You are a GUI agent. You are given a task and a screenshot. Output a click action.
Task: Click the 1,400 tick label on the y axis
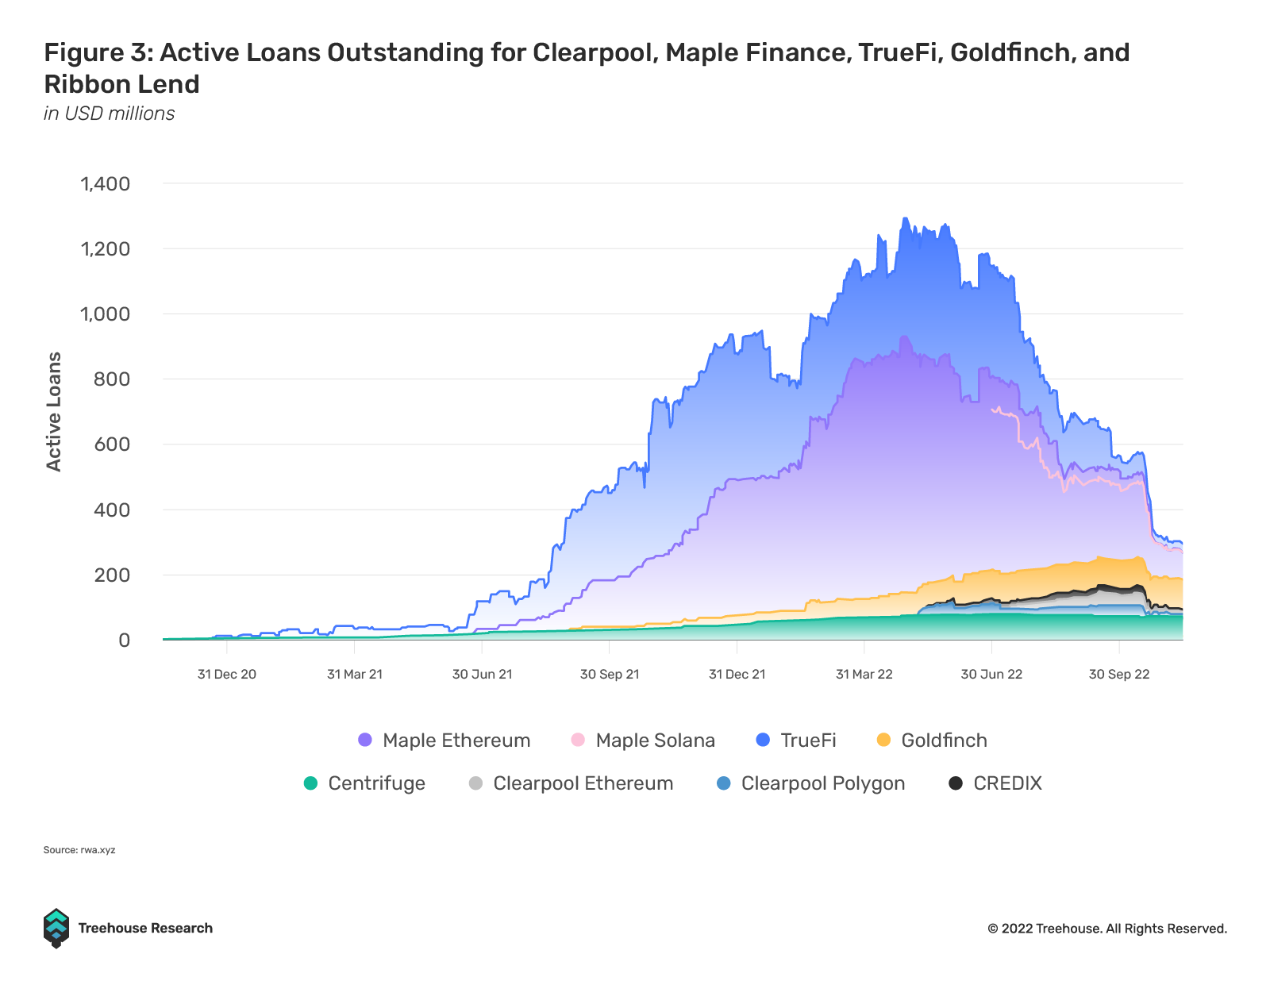[x=105, y=184]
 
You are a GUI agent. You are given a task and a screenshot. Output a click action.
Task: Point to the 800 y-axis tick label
[x=111, y=379]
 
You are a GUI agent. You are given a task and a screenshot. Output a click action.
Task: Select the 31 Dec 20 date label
[x=227, y=675]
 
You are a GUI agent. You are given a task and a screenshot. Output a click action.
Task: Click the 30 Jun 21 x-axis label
[x=482, y=675]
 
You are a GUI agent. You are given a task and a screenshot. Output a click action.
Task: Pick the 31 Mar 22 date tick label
[x=864, y=675]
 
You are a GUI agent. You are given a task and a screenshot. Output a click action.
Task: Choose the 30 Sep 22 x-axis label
[x=1119, y=675]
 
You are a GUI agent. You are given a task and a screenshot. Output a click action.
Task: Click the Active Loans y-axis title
[x=54, y=411]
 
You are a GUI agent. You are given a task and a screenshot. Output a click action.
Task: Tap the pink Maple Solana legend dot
[x=578, y=740]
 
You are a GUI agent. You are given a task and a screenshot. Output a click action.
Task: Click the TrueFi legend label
[x=808, y=741]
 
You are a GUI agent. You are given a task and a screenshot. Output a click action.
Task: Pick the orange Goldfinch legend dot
[x=883, y=740]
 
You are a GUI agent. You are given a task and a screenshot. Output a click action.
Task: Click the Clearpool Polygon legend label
[x=822, y=783]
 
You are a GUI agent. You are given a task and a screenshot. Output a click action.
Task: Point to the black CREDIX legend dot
[x=956, y=783]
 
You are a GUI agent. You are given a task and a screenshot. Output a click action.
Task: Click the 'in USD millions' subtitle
[x=110, y=113]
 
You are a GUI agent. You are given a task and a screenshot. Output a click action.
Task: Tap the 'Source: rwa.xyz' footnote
[x=79, y=850]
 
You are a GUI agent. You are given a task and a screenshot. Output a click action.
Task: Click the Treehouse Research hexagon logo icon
[x=56, y=928]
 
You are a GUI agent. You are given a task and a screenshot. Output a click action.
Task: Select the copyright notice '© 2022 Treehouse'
[x=1106, y=929]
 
